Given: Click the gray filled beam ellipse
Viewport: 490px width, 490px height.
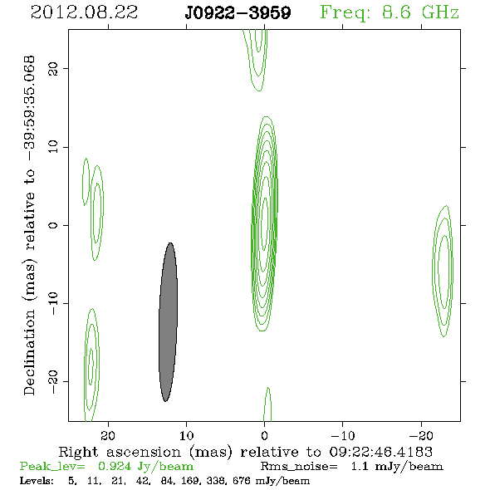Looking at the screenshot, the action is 168,322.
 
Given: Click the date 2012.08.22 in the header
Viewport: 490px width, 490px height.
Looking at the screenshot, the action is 84,12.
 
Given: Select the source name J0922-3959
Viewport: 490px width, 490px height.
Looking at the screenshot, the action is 238,13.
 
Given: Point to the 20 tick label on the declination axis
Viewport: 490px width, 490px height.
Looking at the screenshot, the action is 53,68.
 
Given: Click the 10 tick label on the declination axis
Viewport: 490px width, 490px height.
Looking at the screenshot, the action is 53,146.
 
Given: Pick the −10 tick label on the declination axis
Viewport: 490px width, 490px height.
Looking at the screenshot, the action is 53,303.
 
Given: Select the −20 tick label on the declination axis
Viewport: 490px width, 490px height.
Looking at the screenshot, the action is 53,382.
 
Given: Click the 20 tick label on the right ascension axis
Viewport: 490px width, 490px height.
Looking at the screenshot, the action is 108,435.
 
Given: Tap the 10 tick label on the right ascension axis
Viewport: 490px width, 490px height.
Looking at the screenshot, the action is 187,435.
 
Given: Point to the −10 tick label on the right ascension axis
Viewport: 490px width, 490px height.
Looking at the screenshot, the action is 343,435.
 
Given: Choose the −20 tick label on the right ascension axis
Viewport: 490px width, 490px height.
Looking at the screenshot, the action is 421,435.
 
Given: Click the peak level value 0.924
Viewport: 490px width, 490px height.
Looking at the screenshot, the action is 115,466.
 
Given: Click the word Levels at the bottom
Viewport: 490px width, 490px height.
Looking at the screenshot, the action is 37,481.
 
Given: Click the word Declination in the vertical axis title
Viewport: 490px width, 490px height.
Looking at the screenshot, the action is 29,352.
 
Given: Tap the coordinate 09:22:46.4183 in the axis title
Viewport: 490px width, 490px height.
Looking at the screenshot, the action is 381,452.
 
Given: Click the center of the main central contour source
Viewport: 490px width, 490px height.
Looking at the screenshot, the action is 264,223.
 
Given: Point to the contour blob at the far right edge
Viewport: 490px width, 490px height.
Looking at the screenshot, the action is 443,271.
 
